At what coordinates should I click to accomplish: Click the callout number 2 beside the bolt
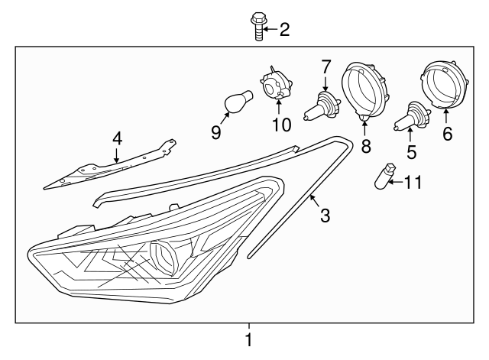pos(284,30)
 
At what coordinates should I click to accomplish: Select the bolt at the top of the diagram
pos(257,26)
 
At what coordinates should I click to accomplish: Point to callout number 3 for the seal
pos(325,216)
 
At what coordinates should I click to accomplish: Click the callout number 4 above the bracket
pos(117,138)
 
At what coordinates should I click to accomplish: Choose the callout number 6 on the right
pos(448,134)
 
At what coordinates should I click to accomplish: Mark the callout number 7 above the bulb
pos(326,67)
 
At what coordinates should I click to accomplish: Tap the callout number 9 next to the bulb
pos(216,132)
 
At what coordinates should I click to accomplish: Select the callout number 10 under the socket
pos(278,124)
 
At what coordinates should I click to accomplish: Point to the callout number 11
pos(413,182)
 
